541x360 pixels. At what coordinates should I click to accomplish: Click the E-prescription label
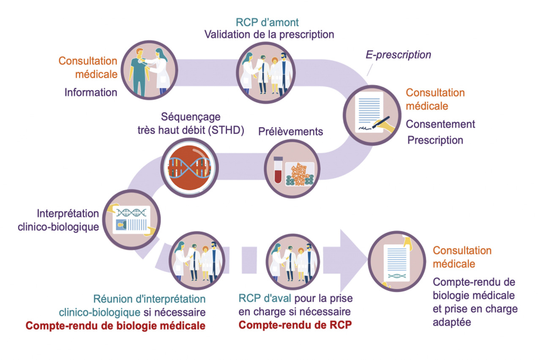click(398, 55)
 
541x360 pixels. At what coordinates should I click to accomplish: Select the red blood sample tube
click(278, 169)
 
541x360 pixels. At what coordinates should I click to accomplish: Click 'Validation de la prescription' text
click(269, 34)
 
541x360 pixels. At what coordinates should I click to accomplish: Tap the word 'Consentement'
click(440, 124)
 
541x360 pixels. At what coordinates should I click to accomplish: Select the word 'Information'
click(90, 92)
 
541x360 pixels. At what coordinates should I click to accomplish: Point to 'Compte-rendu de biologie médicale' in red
click(115, 326)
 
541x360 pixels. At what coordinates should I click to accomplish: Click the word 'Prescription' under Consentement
click(435, 140)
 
